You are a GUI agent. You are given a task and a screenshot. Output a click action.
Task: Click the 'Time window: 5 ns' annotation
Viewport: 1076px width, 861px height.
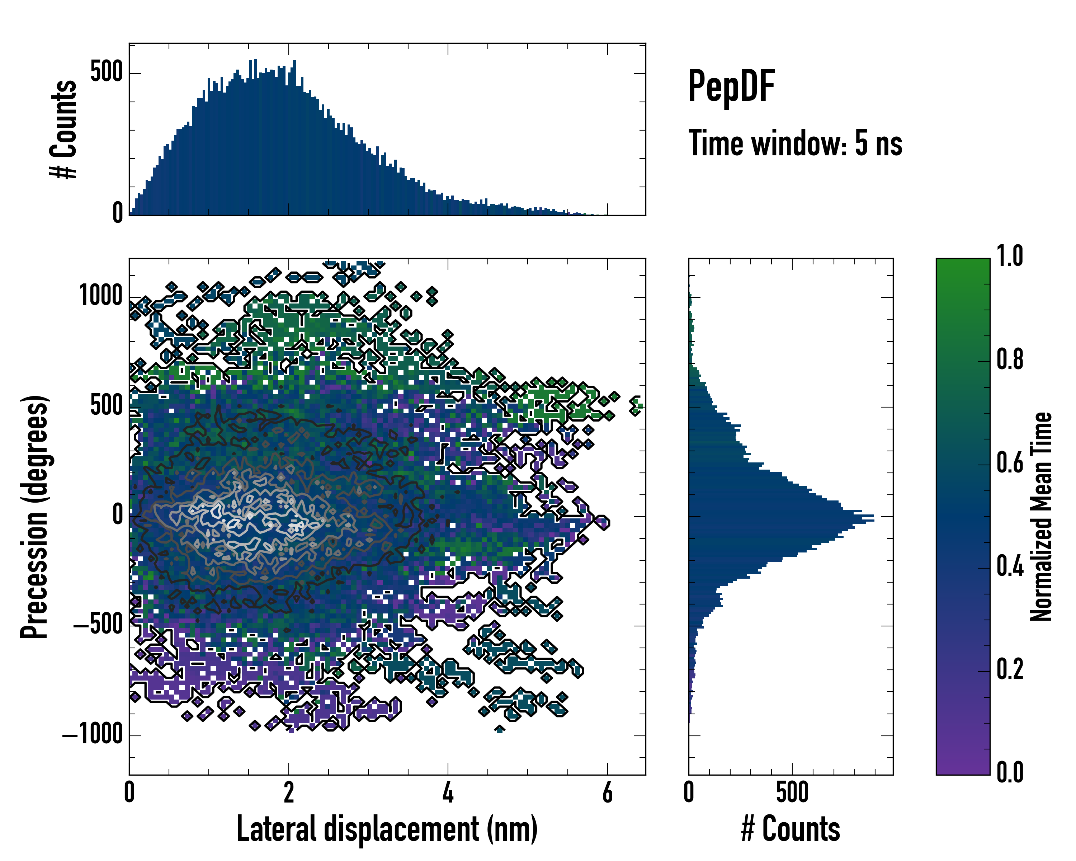click(x=795, y=143)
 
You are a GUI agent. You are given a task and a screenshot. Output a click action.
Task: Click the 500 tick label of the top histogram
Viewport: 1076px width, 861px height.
click(x=106, y=72)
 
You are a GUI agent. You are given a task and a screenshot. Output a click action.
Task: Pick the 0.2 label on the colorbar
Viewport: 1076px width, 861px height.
click(x=1010, y=669)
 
